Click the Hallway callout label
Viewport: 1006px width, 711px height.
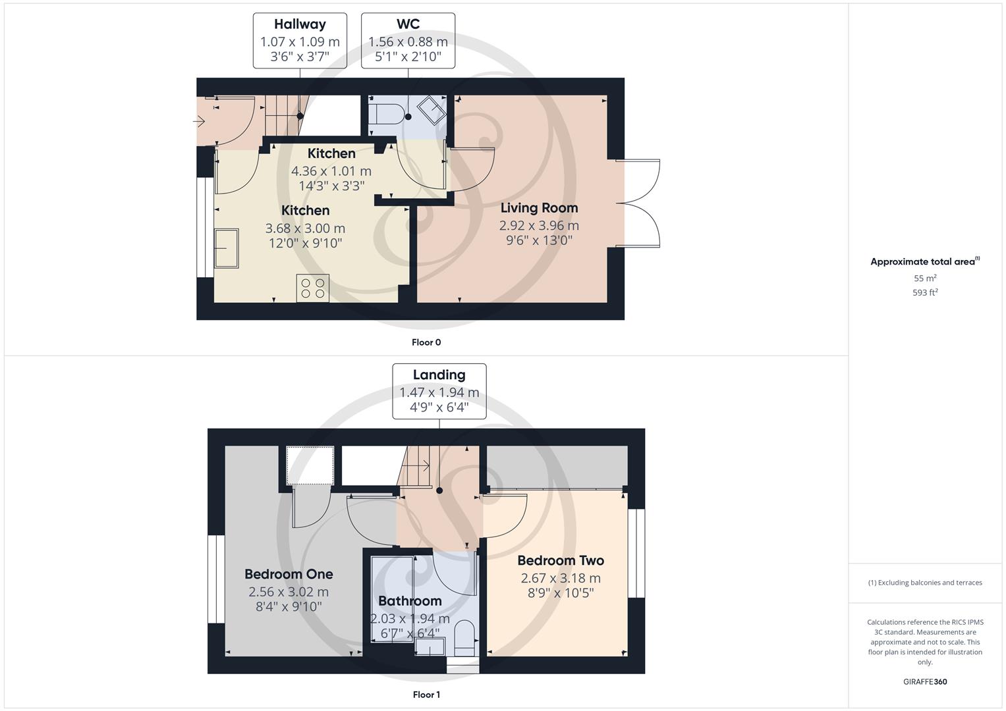(x=300, y=24)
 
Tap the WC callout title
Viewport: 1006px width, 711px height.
(x=408, y=24)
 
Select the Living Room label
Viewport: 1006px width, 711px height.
(x=539, y=208)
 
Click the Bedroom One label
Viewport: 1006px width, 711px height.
(x=289, y=574)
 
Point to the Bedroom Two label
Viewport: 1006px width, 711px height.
(x=561, y=560)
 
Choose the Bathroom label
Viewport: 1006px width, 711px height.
(x=410, y=601)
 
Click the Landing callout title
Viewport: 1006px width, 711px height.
(x=439, y=375)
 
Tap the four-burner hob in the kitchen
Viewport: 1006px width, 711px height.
(x=313, y=288)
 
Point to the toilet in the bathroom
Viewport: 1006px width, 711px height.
(x=464, y=636)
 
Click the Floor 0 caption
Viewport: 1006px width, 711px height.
(x=426, y=342)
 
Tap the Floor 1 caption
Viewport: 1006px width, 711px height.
(x=426, y=695)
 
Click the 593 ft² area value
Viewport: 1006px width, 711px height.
(x=925, y=292)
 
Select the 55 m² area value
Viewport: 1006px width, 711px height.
(x=925, y=278)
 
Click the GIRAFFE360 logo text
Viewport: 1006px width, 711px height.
(x=925, y=681)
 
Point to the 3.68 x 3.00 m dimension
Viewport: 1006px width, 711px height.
(x=305, y=228)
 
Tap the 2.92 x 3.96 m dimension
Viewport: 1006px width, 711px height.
(x=539, y=225)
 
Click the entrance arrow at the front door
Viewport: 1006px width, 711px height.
(x=200, y=121)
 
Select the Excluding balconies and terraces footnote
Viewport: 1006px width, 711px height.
(x=925, y=583)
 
